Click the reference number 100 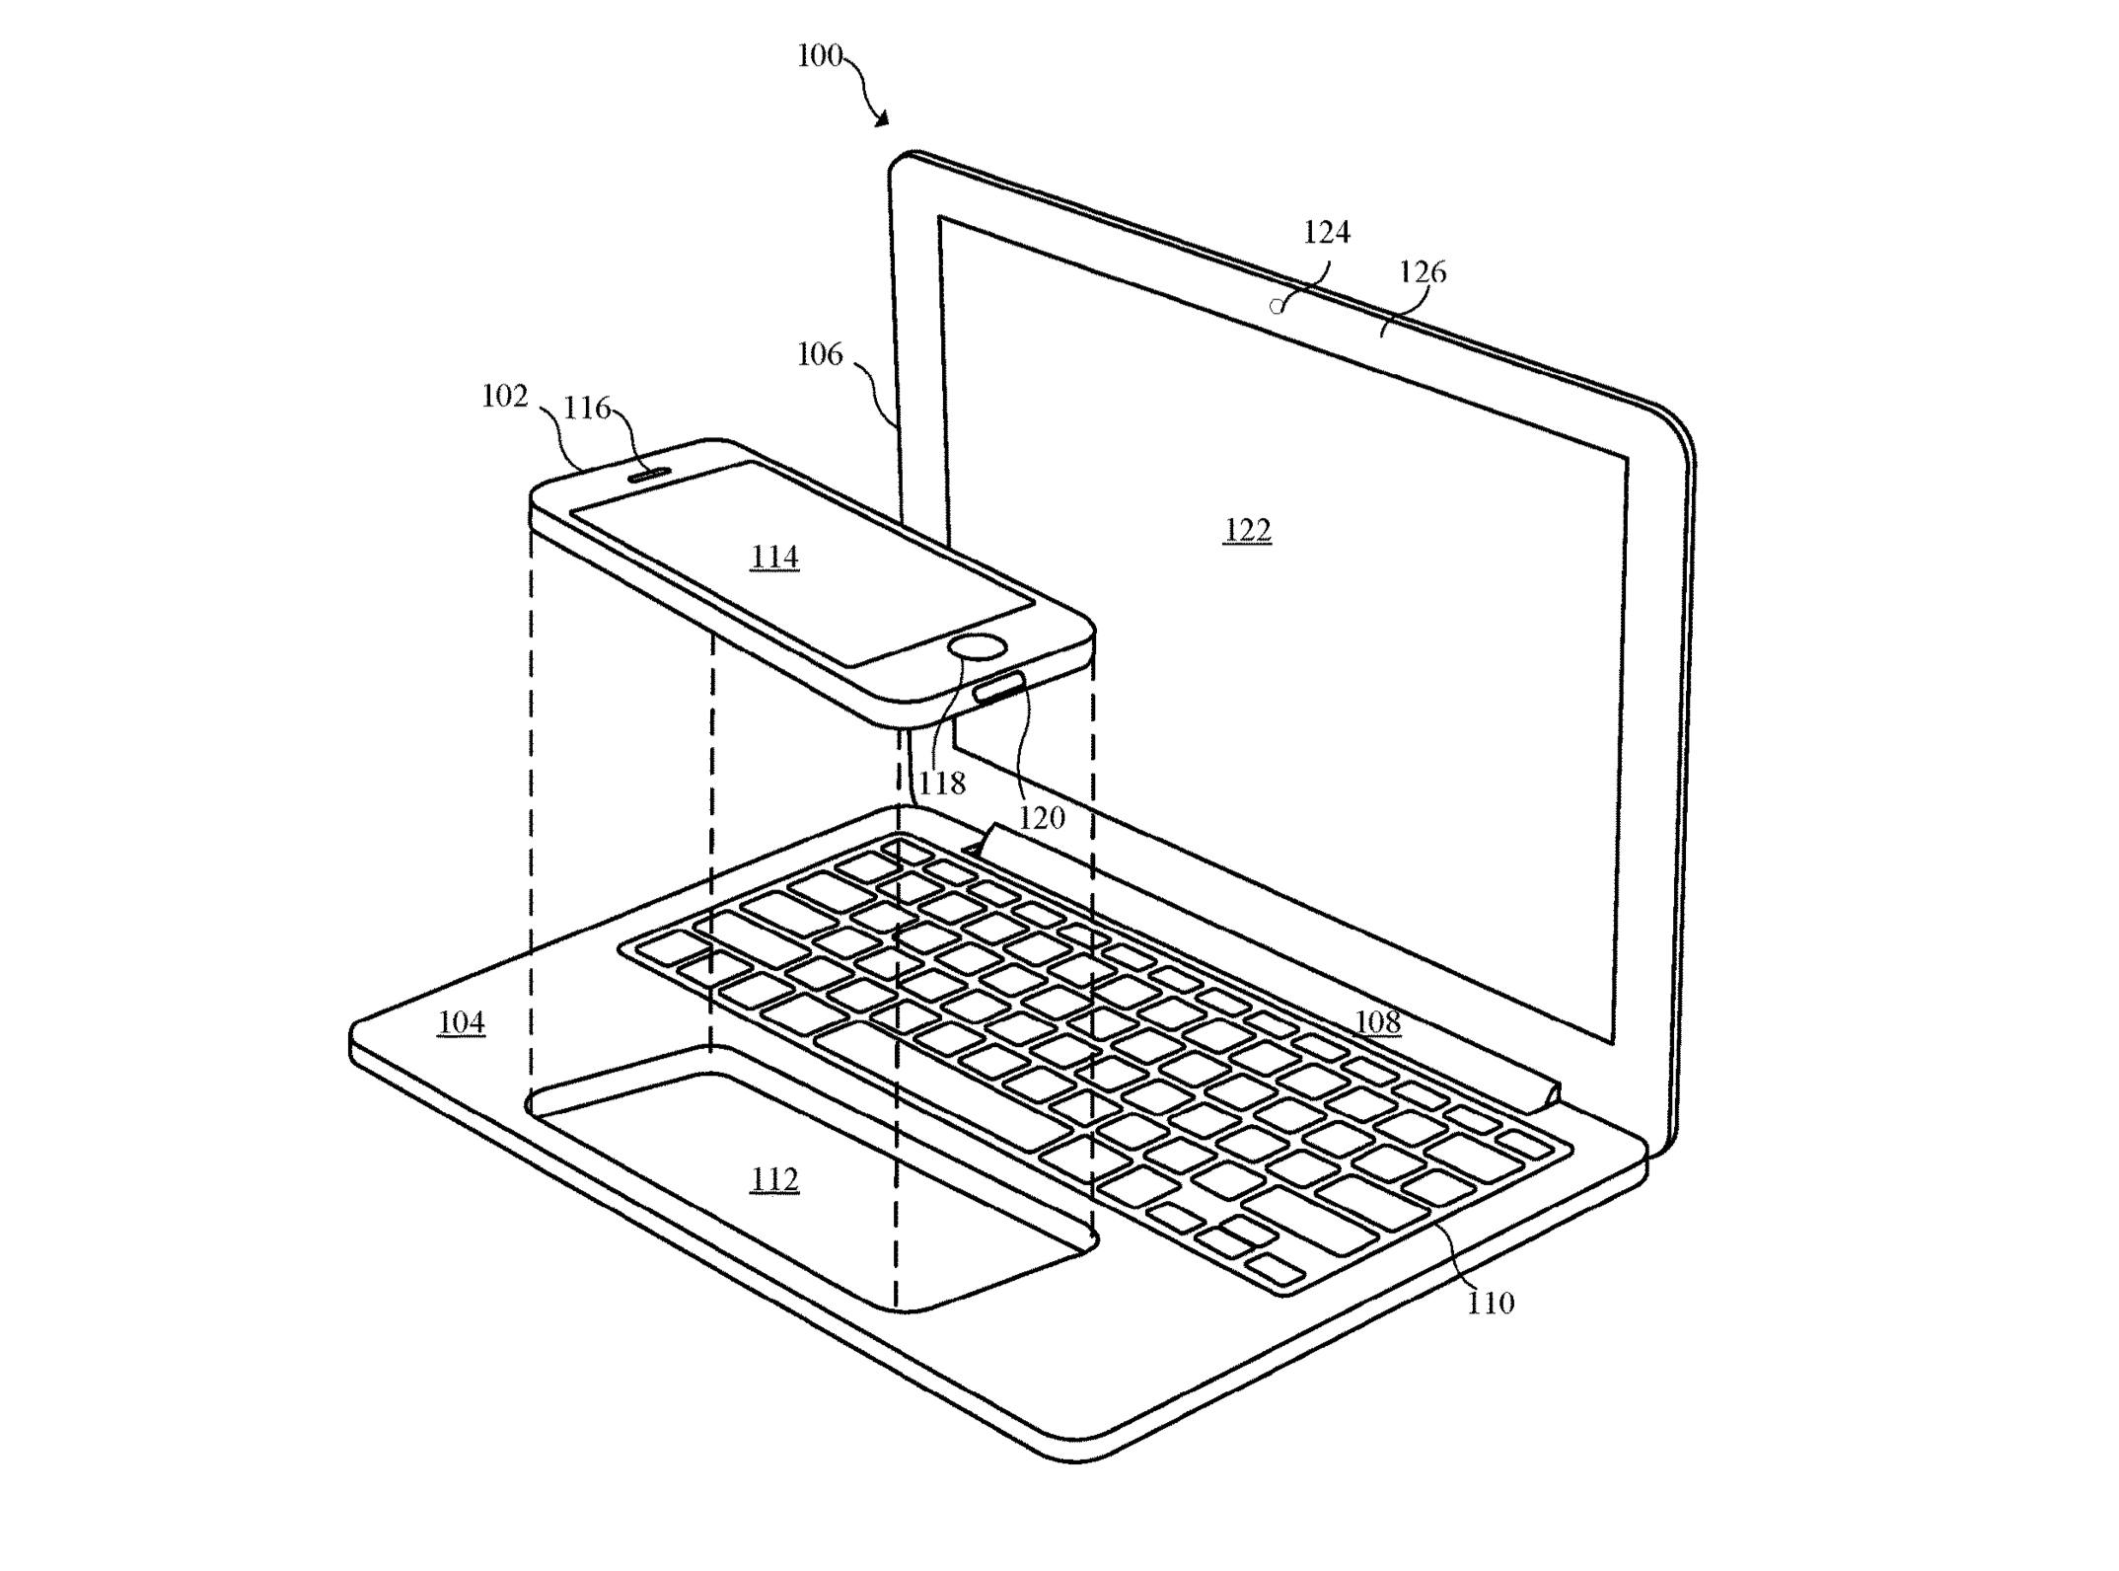(820, 55)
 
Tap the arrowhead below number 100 (881, 119)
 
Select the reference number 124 (1326, 232)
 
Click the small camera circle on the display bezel (1277, 306)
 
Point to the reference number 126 (1423, 271)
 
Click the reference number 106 (820, 353)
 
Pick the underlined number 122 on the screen (1247, 531)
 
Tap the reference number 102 (504, 396)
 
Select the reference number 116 (587, 408)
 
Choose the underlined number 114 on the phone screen (774, 558)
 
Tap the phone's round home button (978, 647)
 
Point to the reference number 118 (942, 784)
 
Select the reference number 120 (1042, 817)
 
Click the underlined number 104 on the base (461, 1022)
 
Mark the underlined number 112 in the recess (774, 1179)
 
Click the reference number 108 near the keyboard (1377, 1022)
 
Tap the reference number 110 (1490, 1304)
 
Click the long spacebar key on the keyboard (942, 1085)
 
